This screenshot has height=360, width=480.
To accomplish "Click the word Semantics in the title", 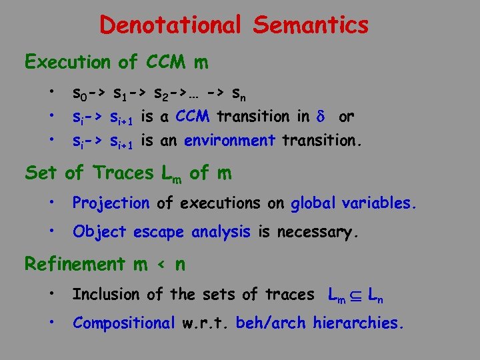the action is click(x=311, y=25).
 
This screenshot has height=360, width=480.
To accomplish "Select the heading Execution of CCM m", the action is click(x=116, y=63).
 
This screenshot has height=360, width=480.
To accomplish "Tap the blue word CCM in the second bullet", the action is click(x=193, y=117).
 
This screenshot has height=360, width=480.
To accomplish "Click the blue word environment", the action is click(x=229, y=141).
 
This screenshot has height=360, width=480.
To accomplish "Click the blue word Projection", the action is click(x=111, y=203).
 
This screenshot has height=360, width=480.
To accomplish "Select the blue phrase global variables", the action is click(x=353, y=203).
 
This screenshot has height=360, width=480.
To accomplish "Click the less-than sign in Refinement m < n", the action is click(x=159, y=265).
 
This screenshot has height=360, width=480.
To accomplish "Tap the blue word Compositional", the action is click(x=123, y=323).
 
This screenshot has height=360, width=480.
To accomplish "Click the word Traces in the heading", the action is click(x=123, y=173).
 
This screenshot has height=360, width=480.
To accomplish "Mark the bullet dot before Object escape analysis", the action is click(x=51, y=231).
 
